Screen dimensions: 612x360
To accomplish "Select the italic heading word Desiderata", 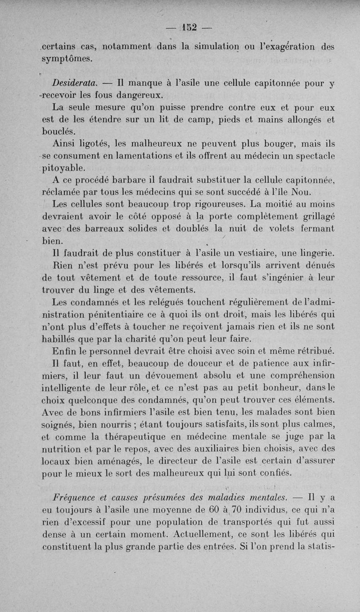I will (74, 83).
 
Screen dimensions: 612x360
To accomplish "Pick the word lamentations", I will (160, 156).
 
